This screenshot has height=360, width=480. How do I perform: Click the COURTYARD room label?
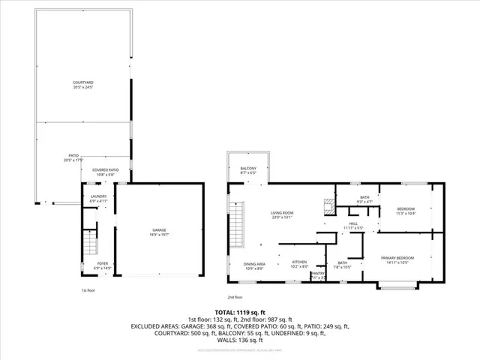pos(82,84)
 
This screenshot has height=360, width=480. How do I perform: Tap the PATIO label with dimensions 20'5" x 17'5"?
pos(73,157)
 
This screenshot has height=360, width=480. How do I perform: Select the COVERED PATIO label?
pos(105,172)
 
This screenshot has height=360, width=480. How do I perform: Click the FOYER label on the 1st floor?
pos(101,265)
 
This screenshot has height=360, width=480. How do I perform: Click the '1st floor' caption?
pos(88,290)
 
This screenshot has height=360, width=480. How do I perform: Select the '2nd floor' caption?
pos(235,296)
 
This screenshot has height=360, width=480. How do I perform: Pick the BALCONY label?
pos(247,170)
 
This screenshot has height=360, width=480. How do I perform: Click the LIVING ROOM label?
pos(282,216)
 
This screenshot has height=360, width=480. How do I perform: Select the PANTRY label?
pos(318,275)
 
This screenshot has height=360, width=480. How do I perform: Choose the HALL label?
pos(353,225)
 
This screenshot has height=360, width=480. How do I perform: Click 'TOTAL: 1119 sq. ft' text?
pos(240,311)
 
